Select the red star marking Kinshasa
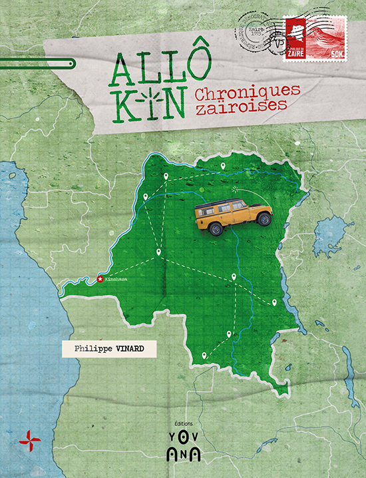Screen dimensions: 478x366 100,279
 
